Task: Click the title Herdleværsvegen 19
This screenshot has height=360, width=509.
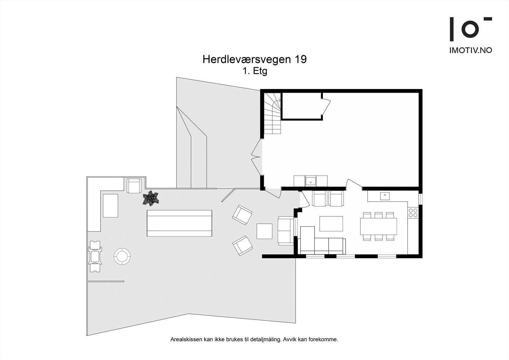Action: [x=254, y=60]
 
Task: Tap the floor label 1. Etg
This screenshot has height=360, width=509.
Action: [x=254, y=71]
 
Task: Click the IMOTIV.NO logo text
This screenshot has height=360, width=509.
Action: [x=471, y=50]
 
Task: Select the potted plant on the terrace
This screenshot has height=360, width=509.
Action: [x=151, y=198]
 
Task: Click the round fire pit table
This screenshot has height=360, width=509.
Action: [x=122, y=256]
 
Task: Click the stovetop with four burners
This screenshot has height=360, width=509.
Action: [x=413, y=213]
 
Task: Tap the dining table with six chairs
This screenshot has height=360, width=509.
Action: [x=378, y=226]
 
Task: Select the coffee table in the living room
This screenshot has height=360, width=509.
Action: [x=331, y=223]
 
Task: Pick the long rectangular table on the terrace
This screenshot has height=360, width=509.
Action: [x=179, y=223]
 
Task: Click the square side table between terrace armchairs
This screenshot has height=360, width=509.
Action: [x=264, y=231]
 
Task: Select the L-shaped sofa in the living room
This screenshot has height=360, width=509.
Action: [x=321, y=244]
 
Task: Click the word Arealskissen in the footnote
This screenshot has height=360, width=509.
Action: [x=186, y=340]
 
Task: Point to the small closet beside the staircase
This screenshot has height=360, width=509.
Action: [x=302, y=106]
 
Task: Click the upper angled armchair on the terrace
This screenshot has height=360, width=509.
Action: [x=242, y=215]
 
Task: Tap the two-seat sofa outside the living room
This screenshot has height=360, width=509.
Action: [x=286, y=230]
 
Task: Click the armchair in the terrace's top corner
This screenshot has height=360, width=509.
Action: [x=134, y=186]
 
